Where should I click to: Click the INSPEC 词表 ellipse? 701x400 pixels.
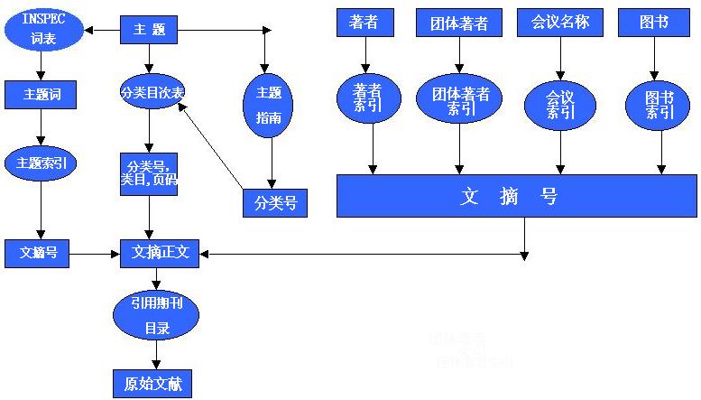click(43, 31)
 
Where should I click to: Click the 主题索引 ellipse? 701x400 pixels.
click(41, 163)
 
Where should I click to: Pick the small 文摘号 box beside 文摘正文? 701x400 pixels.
click(38, 254)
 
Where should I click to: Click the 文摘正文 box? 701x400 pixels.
click(160, 254)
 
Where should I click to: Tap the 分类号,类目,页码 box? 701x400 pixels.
click(149, 173)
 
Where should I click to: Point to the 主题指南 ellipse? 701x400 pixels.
click(269, 105)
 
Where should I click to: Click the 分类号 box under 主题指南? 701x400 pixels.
click(275, 203)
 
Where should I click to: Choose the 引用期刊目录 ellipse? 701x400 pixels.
click(155, 315)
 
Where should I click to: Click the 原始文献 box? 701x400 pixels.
click(152, 383)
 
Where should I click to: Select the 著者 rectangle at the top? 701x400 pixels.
click(364, 23)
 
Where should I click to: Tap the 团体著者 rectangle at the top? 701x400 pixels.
click(458, 23)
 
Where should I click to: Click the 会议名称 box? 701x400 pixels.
click(559, 23)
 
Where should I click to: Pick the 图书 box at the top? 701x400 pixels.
click(648, 23)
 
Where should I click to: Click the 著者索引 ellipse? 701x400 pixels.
click(368, 98)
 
